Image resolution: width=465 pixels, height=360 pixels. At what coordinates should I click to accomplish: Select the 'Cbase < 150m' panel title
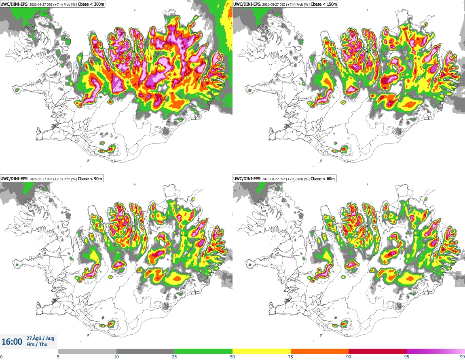(x=324, y=4)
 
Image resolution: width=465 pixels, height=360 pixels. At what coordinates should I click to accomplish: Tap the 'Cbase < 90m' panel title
(x=90, y=179)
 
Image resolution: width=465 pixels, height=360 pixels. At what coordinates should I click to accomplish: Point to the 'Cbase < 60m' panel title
(x=323, y=179)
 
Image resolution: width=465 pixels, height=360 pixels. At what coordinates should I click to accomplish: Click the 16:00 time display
(x=12, y=342)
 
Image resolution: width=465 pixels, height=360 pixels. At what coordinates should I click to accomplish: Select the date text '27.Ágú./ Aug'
(x=40, y=338)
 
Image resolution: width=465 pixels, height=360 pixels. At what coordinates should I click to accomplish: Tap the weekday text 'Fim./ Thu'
(x=37, y=344)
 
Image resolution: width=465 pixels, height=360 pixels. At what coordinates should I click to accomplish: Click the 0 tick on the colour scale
(x=1, y=357)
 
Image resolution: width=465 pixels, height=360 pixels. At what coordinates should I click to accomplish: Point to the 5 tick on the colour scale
(x=58, y=357)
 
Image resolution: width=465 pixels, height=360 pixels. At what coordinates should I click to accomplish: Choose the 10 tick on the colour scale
(x=116, y=357)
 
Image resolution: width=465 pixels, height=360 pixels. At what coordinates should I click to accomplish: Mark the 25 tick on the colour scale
(x=174, y=357)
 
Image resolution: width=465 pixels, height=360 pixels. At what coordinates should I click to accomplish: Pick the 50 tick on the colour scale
(x=232, y=357)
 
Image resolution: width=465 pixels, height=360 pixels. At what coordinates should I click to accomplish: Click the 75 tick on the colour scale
(x=291, y=357)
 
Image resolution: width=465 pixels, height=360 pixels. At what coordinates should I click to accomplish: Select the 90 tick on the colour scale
(x=349, y=357)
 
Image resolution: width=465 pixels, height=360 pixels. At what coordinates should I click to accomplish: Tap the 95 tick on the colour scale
(x=407, y=357)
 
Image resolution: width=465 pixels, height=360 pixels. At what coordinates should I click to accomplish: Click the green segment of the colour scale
(x=203, y=351)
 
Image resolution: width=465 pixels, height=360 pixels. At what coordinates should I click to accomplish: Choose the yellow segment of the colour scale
(x=262, y=351)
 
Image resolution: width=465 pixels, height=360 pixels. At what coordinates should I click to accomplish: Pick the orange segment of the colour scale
(x=320, y=351)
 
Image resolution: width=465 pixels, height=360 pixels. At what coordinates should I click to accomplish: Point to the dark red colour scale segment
(x=378, y=351)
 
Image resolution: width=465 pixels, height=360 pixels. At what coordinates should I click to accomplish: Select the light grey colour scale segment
(x=87, y=351)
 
